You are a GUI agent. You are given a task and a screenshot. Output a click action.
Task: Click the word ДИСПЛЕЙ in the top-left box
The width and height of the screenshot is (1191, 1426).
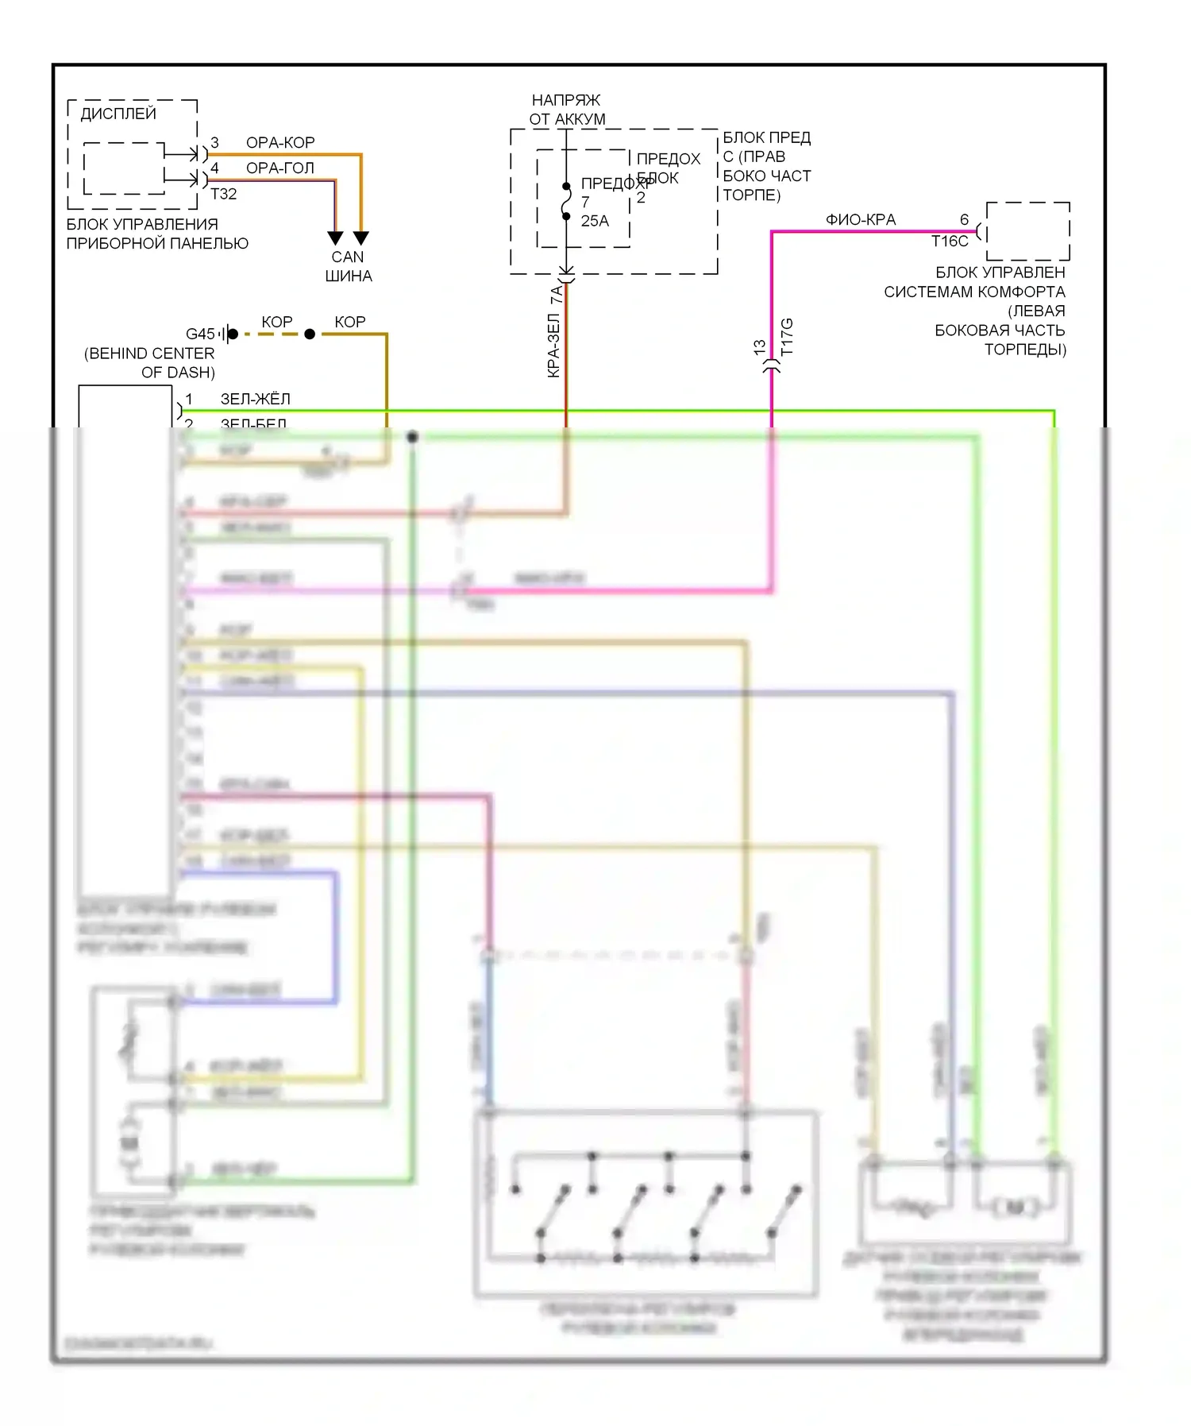(x=118, y=114)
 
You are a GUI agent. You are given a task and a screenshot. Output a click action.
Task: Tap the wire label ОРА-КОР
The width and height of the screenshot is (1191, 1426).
(x=280, y=143)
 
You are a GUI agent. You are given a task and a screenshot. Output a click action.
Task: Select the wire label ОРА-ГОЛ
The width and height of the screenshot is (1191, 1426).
(x=280, y=168)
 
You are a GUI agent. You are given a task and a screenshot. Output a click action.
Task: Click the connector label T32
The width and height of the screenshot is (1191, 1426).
(x=224, y=194)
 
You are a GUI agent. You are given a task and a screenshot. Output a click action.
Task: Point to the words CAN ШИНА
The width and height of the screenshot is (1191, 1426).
(x=348, y=267)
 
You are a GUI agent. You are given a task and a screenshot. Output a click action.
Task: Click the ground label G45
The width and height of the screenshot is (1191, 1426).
(x=200, y=334)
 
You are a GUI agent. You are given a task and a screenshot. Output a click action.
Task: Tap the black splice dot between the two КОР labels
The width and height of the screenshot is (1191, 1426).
(x=310, y=334)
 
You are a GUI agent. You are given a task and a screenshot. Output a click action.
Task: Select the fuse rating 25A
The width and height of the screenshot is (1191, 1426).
(x=595, y=221)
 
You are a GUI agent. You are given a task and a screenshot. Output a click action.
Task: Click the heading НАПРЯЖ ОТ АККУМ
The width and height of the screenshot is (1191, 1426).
(x=567, y=110)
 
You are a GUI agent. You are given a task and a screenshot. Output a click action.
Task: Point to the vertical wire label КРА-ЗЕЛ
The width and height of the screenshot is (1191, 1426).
(x=554, y=346)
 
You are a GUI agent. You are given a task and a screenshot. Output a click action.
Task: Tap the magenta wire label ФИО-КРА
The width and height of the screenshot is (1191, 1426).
(x=861, y=220)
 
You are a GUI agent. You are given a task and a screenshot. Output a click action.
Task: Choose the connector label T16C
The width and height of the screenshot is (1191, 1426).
(x=950, y=242)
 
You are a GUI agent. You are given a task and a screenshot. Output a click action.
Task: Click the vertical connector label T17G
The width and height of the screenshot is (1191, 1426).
(x=787, y=337)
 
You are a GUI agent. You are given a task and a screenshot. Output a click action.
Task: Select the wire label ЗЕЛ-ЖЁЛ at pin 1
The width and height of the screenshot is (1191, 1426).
(x=255, y=399)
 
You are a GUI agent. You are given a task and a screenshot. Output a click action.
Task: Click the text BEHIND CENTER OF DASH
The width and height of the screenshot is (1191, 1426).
(x=150, y=363)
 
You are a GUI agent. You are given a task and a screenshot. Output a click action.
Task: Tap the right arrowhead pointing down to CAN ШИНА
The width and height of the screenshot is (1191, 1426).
(x=361, y=238)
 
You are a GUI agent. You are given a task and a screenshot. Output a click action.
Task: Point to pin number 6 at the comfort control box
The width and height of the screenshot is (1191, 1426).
(x=965, y=220)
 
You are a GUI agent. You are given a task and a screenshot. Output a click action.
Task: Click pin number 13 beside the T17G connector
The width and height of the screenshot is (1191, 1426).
(x=760, y=347)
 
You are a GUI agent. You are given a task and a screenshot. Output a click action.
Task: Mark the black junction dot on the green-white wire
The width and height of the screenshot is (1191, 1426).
(x=412, y=437)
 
